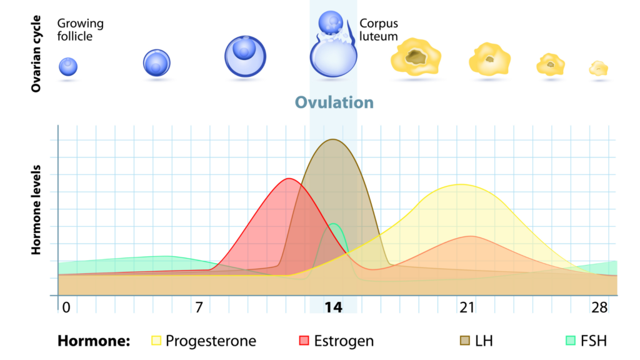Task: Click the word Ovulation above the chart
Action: (x=334, y=102)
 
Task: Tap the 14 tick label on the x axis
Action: (x=334, y=308)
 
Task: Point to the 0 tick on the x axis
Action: (x=64, y=307)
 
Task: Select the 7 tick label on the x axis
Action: (x=198, y=308)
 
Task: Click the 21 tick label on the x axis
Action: (x=467, y=308)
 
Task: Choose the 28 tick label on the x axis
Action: (x=600, y=308)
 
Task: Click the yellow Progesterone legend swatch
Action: (x=156, y=341)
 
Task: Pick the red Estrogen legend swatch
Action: (x=304, y=341)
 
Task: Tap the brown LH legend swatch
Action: (x=466, y=341)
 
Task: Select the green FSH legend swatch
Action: (x=570, y=341)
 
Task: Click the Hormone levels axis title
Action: (x=36, y=210)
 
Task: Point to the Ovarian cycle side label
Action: (x=36, y=55)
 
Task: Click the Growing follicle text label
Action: (x=80, y=30)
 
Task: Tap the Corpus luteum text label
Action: (x=378, y=30)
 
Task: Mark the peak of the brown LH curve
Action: (x=332, y=139)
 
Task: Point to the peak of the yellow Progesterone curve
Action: (x=461, y=184)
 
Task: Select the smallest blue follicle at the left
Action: (x=68, y=66)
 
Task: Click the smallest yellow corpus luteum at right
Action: (x=599, y=68)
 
